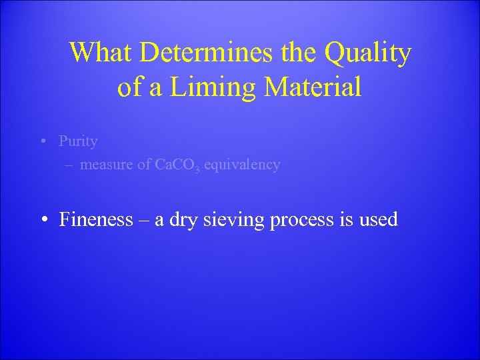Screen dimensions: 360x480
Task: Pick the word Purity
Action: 78,141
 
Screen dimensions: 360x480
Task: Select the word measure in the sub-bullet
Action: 105,165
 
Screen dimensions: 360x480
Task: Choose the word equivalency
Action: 242,165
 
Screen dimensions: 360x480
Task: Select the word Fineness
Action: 96,219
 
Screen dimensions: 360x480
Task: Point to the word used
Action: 378,219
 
